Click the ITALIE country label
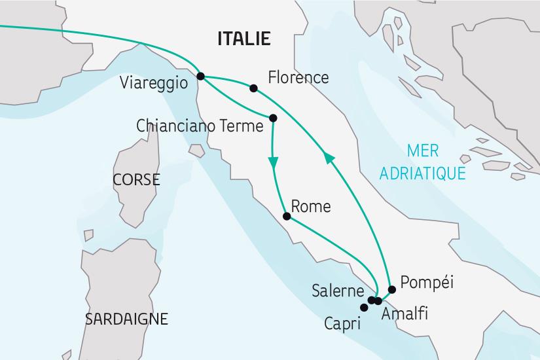point(244,39)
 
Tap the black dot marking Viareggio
point(200,75)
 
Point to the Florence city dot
point(253,87)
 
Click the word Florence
point(298,78)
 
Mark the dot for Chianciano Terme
point(273,118)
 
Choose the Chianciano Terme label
point(198,125)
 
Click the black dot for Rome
point(286,217)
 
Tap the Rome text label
point(310,207)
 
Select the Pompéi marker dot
point(391,289)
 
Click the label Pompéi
point(427,283)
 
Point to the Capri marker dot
point(364,307)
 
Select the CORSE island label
point(136,179)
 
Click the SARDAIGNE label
point(126,319)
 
